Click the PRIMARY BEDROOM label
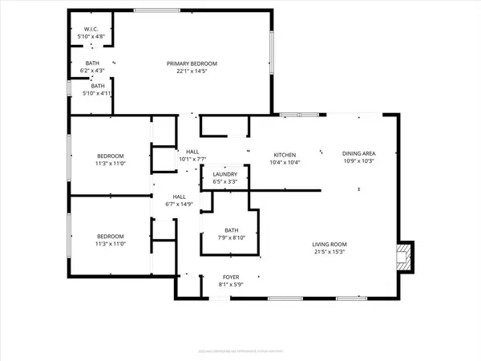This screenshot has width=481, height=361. point(192,63)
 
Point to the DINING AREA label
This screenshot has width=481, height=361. point(359,153)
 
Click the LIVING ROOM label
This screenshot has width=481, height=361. point(329,244)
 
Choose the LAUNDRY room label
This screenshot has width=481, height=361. point(224,174)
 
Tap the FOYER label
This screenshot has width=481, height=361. point(212,277)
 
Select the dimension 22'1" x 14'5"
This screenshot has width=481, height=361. point(192,71)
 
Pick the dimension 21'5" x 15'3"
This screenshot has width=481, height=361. point(329,252)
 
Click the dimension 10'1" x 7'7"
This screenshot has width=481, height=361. point(192,159)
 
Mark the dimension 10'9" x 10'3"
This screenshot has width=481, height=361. point(359,161)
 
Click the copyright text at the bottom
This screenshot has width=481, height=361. point(240,351)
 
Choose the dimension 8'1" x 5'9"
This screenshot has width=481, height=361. point(212,285)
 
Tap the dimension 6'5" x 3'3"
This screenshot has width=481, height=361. point(224,182)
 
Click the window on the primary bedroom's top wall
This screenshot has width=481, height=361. point(156,10)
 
